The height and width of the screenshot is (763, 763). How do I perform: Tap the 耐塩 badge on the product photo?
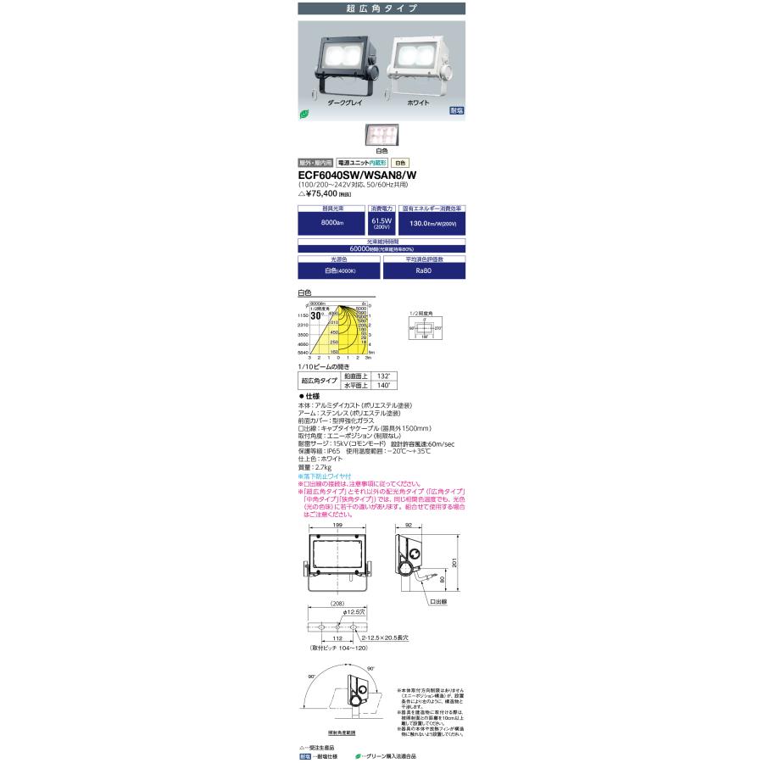pos(457,111)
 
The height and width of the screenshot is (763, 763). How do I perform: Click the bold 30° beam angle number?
pos(316,315)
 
